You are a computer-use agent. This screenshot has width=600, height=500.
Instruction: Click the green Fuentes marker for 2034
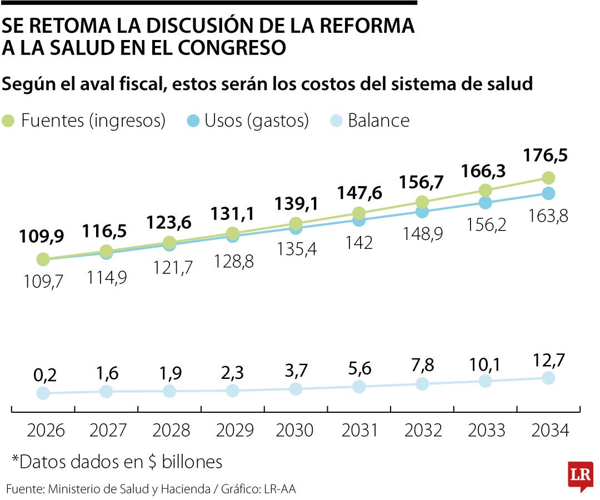point(548,178)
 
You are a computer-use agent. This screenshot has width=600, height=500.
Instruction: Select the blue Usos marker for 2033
point(485,203)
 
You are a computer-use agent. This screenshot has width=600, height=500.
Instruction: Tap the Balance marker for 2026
point(43,393)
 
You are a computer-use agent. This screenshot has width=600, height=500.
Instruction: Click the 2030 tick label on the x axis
point(296,431)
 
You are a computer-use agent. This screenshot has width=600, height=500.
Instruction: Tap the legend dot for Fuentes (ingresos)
point(9,121)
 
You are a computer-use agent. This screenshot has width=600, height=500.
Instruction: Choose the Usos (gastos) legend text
point(256,121)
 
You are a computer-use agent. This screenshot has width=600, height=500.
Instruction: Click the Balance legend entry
point(378,121)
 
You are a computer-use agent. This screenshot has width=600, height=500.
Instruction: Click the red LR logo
point(580,476)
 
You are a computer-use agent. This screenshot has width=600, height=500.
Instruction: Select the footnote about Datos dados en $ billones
point(117,462)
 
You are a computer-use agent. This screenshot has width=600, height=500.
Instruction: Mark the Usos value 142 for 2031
point(358,243)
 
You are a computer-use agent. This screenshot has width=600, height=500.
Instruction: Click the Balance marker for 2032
point(422,384)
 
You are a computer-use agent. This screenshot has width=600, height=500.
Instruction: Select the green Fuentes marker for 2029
point(232,233)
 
